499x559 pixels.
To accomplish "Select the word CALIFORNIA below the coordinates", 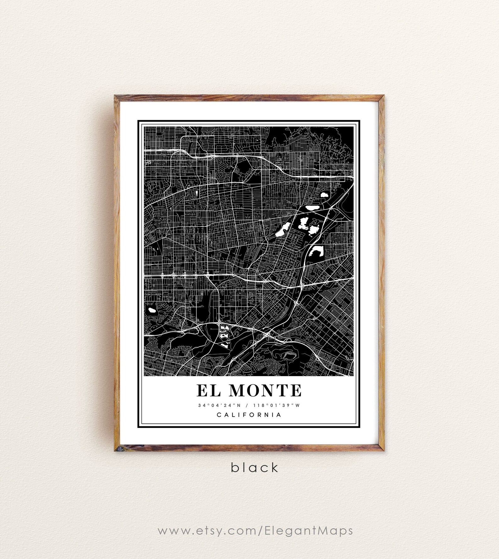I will [x=249, y=415].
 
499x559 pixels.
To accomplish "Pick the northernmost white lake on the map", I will [x=324, y=195].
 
